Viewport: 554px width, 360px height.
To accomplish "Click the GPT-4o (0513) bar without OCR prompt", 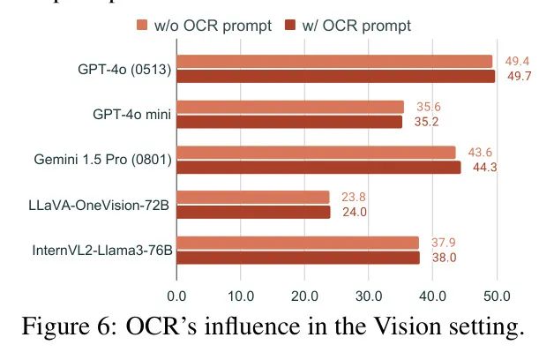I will tap(334, 61).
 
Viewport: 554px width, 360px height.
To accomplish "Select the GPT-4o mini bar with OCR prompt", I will tap(289, 122).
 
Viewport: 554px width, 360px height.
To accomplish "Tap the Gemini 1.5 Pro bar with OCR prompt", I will tap(318, 168).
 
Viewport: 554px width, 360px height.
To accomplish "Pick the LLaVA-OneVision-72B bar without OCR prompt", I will tap(253, 197).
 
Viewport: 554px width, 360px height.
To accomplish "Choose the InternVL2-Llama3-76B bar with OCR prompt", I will tap(298, 258).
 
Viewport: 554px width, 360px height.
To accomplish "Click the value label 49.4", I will tap(517, 61).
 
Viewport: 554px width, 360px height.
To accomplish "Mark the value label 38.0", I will tap(443, 258).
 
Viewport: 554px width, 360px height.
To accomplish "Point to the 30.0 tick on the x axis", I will tap(369, 295).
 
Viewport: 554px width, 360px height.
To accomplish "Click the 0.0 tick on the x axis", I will tap(176, 295).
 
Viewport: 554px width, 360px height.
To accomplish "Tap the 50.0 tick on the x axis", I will tap(497, 295).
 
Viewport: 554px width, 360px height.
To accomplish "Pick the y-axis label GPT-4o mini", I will tap(132, 114).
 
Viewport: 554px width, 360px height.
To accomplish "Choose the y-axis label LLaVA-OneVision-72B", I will tap(99, 206).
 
